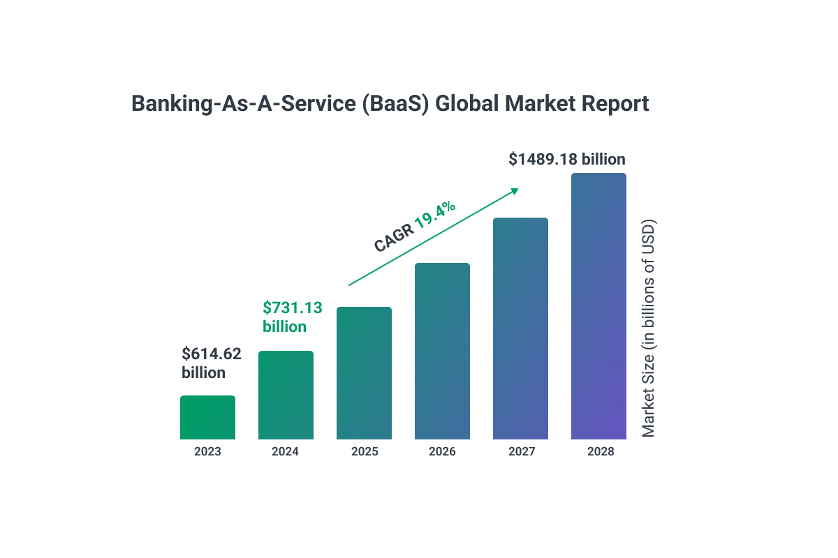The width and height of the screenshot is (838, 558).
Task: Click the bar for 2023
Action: pos(207,418)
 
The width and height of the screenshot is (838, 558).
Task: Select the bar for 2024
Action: pos(286,395)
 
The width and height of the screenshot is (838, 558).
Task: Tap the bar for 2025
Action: pos(364,374)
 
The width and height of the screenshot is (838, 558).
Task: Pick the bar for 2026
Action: pos(442,352)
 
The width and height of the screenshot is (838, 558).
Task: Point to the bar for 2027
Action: pos(520,329)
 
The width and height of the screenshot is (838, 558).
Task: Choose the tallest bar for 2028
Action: pos(598,307)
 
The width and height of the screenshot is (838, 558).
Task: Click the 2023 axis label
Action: pos(207,451)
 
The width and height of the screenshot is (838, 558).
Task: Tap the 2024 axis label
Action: pos(286,451)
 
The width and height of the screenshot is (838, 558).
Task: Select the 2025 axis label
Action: pos(364,451)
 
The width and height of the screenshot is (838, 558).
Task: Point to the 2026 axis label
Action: pos(442,451)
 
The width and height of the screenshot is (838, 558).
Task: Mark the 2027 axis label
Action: pos(520,451)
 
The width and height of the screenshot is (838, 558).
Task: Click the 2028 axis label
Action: pos(600,451)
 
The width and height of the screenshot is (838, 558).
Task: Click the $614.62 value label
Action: pos(212,354)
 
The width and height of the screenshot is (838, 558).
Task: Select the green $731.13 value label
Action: pos(292,308)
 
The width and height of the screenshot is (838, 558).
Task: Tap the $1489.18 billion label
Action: pos(566,159)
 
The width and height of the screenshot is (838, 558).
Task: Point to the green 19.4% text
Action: pos(435,216)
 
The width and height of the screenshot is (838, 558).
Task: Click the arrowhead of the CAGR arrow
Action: pos(515,190)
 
